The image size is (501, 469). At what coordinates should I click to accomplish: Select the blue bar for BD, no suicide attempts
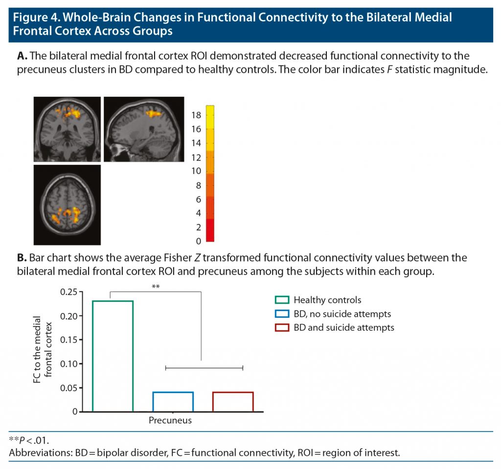(x=173, y=402)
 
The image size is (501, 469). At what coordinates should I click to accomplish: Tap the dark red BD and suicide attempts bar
(x=233, y=402)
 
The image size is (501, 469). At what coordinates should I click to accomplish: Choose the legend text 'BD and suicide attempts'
(x=343, y=328)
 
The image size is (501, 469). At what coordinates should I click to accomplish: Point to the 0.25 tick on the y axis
(x=68, y=292)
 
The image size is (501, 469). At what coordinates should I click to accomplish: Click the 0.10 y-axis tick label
(x=68, y=364)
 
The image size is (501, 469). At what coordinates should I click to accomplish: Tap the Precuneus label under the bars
(x=170, y=421)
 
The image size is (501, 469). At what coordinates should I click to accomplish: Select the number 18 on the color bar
(x=196, y=115)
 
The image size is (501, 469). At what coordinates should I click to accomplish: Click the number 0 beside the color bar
(x=198, y=241)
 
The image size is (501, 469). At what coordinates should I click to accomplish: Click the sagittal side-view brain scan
(x=144, y=129)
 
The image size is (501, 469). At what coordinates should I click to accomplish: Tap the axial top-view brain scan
(x=67, y=204)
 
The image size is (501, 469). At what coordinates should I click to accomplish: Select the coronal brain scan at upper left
(x=67, y=129)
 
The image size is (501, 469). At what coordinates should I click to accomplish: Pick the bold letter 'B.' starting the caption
(x=22, y=258)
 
